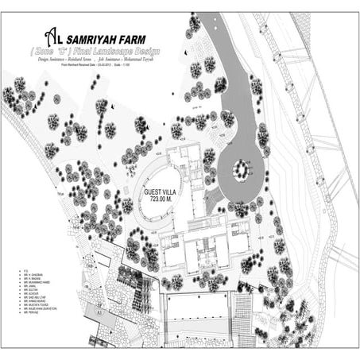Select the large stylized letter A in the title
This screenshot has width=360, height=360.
(51, 36)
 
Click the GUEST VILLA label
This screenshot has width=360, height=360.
(162, 193)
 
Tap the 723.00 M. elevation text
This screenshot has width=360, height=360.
(162, 202)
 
